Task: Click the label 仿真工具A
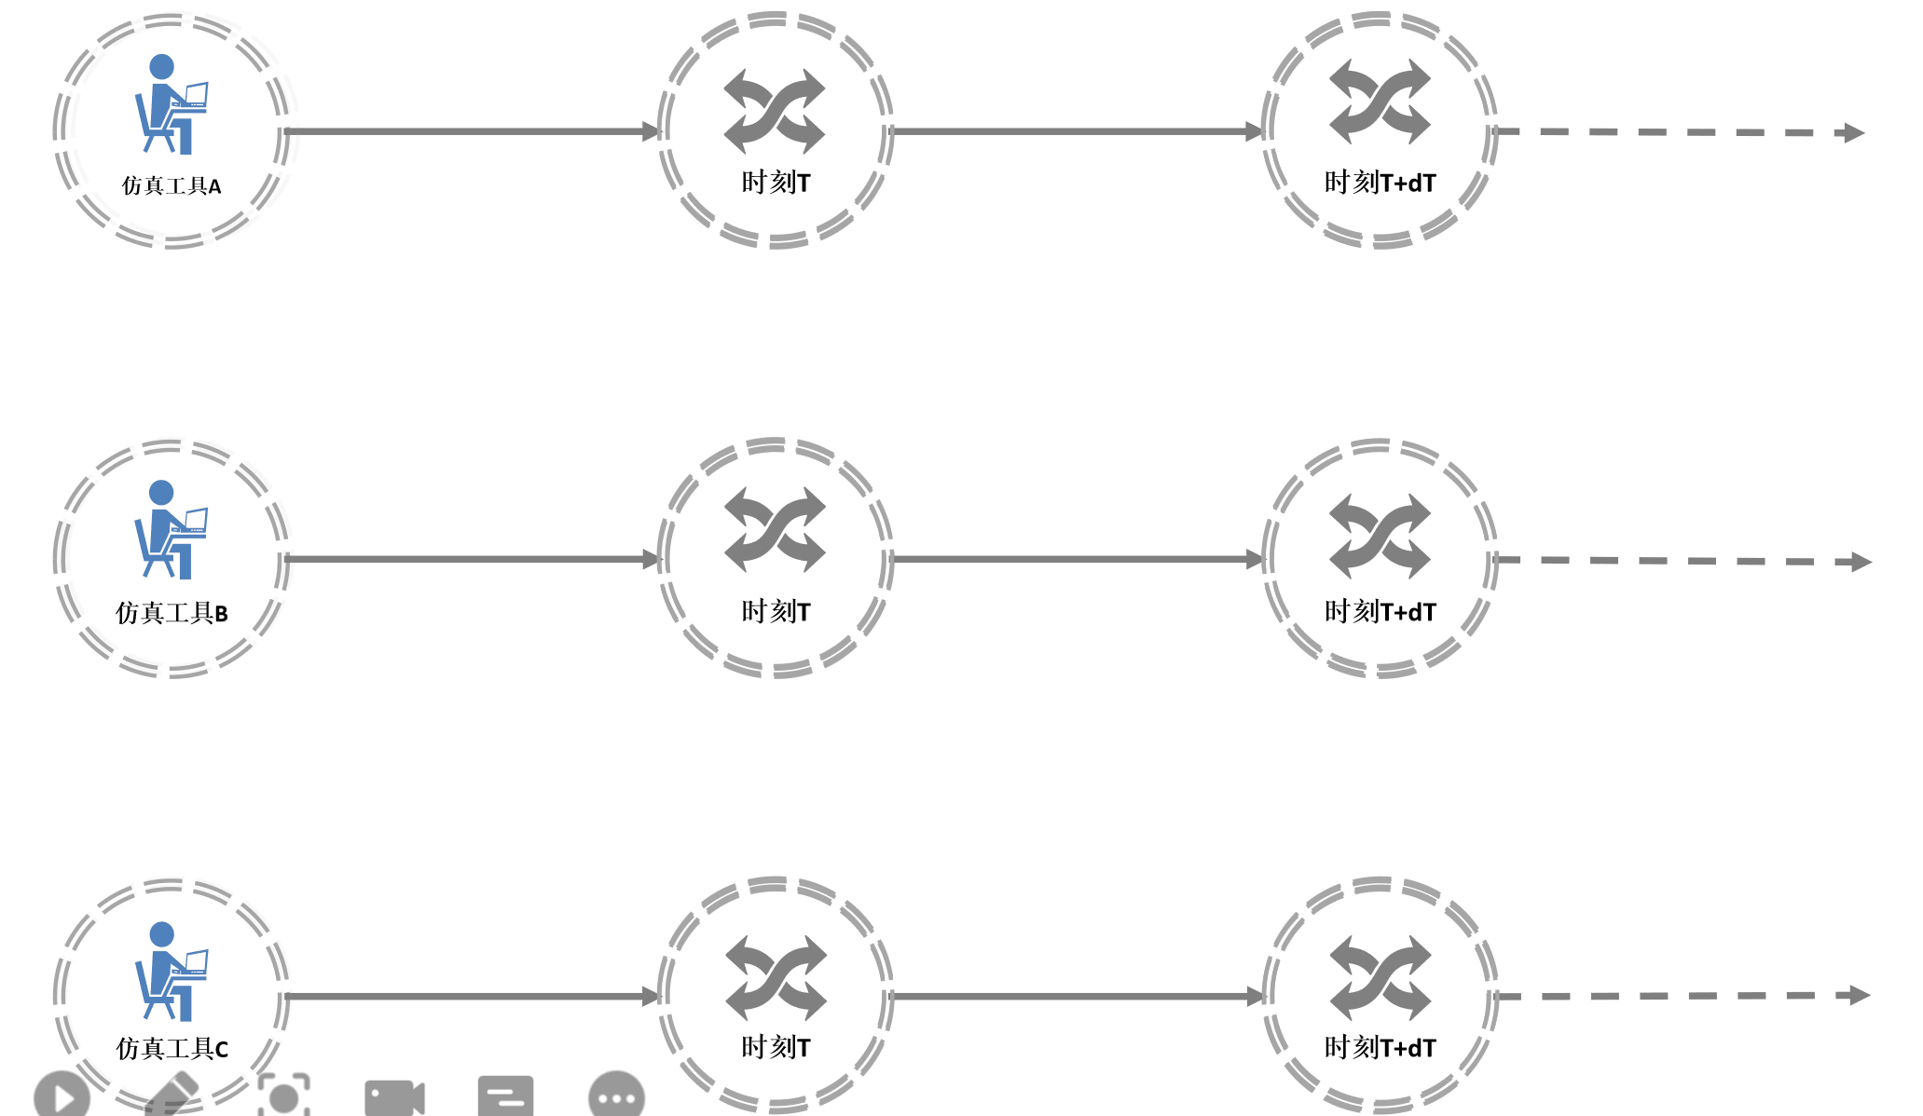[172, 185]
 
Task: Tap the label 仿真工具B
[172, 612]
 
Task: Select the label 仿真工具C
[172, 1048]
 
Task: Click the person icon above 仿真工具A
[171, 103]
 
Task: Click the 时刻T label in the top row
[776, 182]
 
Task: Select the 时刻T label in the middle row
[776, 611]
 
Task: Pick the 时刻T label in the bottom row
[776, 1047]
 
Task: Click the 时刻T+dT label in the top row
[1380, 182]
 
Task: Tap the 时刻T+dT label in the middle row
[1380, 611]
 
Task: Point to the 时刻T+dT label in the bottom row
[1380, 1047]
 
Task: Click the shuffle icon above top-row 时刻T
[775, 111]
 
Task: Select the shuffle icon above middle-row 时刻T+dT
[1380, 537]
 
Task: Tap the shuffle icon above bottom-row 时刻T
[776, 977]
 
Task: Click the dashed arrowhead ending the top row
[1854, 132]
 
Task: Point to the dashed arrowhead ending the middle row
[1861, 562]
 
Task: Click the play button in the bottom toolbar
[62, 1096]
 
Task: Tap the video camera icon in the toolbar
[394, 1097]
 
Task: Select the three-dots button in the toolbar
[616, 1097]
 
